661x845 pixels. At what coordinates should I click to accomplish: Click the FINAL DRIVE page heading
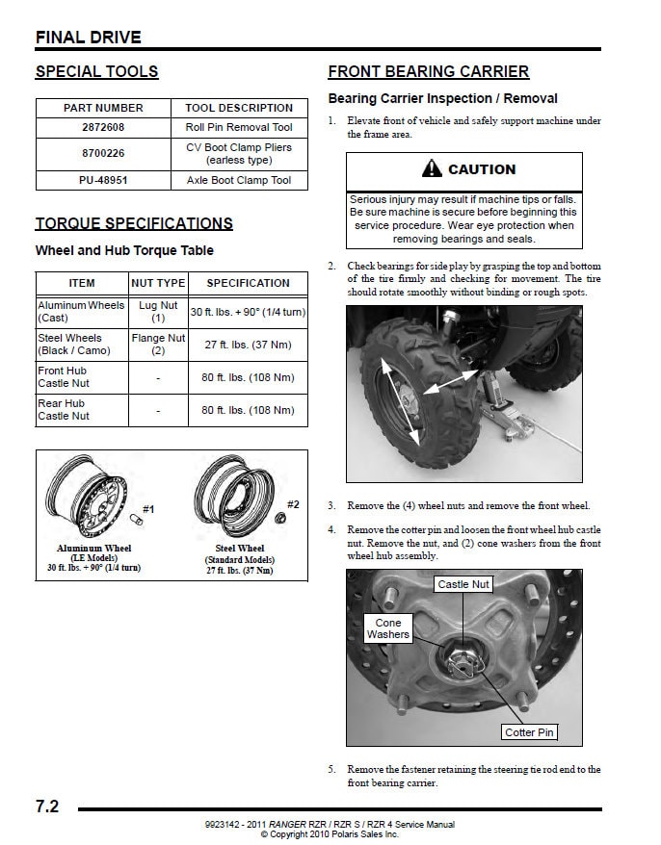pos(89,38)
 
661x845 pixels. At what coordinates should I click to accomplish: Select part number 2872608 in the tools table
pos(103,127)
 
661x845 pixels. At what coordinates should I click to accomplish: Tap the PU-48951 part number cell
pos(103,180)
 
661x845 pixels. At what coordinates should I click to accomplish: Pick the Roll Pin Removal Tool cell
pos(239,127)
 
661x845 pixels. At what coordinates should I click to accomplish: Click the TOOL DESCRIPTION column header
pos(239,108)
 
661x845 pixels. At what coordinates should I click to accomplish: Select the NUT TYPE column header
pos(158,283)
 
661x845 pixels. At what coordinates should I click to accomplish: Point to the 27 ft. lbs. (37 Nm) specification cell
pos(248,345)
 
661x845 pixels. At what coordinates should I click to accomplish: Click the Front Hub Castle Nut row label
pos(63,377)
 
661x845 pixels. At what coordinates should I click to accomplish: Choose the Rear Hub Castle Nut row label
pos(63,410)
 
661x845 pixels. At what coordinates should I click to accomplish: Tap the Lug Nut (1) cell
pos(158,312)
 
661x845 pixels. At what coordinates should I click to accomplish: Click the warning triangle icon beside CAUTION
pos(431,169)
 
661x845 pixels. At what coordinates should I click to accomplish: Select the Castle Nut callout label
pos(463,584)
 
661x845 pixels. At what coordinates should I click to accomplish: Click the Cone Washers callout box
pos(388,628)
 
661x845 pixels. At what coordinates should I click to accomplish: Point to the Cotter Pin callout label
pos(529,732)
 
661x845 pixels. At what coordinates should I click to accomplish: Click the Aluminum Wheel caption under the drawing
pos(93,549)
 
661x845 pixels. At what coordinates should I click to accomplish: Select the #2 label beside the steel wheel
pos(293,504)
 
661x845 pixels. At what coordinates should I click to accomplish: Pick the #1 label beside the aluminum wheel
pos(148,508)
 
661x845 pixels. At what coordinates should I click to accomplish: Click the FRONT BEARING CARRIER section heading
pos(428,71)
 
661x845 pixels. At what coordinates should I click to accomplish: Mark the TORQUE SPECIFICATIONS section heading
pos(134,223)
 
